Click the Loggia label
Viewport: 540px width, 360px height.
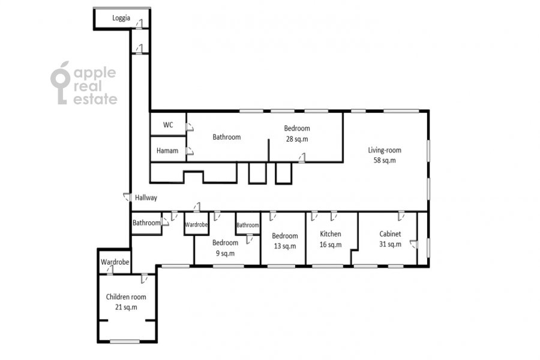(121, 18)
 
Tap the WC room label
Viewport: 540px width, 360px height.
(168, 125)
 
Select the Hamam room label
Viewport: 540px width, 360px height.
(167, 151)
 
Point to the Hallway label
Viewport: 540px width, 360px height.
(146, 198)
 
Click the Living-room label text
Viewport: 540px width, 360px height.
(385, 150)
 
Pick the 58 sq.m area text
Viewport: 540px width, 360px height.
(385, 160)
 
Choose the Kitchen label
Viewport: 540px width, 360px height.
(331, 234)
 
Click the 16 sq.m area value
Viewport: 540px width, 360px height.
(331, 245)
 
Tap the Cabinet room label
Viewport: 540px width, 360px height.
(390, 234)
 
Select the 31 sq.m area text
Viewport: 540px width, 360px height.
(390, 244)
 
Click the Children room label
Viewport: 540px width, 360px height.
(126, 297)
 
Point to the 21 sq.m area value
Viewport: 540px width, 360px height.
(126, 307)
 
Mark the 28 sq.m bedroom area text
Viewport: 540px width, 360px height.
(297, 139)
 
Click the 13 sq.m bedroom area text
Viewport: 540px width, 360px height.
(285, 247)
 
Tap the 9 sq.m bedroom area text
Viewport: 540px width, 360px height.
(225, 254)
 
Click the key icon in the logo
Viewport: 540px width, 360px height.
(61, 83)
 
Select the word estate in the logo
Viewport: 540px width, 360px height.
(95, 99)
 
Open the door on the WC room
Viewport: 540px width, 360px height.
(190, 127)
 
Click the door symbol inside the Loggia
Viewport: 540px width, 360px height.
(139, 24)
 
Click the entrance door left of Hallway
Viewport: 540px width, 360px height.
(127, 197)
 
